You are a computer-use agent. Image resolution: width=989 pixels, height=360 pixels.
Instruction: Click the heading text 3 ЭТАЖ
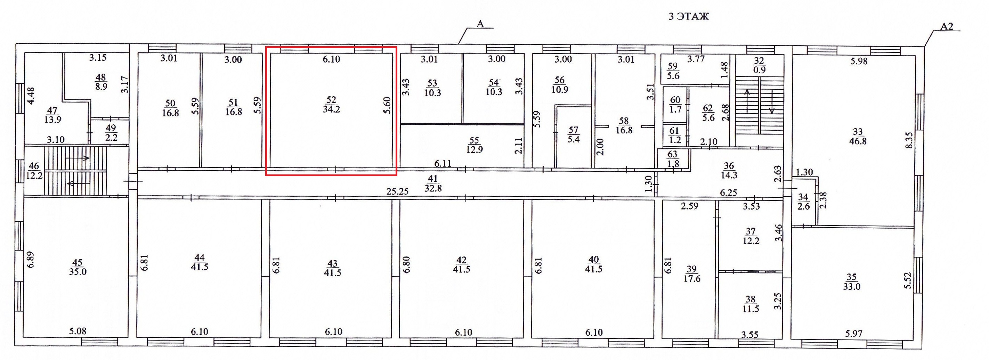(688, 16)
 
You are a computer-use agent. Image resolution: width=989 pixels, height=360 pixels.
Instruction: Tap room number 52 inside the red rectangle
(331, 100)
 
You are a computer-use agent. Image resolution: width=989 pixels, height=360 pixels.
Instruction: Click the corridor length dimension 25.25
(397, 191)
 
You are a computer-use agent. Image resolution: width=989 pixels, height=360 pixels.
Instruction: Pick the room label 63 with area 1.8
(673, 158)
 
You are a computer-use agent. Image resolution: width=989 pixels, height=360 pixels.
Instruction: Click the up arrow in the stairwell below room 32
(747, 101)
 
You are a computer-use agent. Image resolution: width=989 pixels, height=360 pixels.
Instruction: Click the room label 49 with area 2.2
(111, 132)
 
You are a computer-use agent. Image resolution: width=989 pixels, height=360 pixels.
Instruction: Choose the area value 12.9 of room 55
(475, 149)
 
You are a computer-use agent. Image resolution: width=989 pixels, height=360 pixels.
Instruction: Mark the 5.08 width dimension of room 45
(78, 331)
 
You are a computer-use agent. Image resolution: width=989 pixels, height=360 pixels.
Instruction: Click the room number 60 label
(675, 100)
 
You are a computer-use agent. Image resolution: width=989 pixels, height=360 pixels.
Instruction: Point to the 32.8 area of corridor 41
(433, 188)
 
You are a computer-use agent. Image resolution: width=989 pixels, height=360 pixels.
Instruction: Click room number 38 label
(750, 299)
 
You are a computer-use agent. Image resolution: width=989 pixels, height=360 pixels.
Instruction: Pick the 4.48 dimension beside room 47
(31, 96)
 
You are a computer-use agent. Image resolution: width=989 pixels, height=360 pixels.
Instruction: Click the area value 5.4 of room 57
(574, 139)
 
